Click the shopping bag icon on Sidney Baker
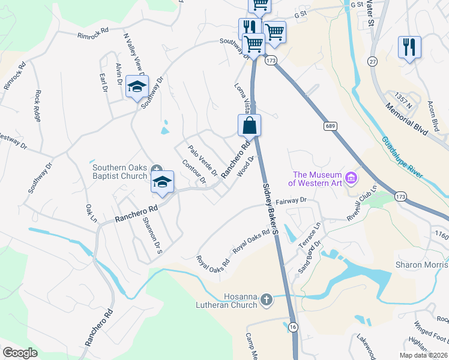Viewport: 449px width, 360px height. click(250, 126)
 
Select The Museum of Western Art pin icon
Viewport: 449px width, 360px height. click(352, 179)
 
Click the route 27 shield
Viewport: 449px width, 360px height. click(373, 62)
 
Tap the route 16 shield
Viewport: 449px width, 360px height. click(292, 327)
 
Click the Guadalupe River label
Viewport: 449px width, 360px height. click(402, 157)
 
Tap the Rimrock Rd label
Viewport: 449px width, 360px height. click(93, 32)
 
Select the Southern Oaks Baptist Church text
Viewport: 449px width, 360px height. click(119, 172)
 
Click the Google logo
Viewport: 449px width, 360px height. click(20, 353)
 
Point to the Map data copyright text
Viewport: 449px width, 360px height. click(424, 355)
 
